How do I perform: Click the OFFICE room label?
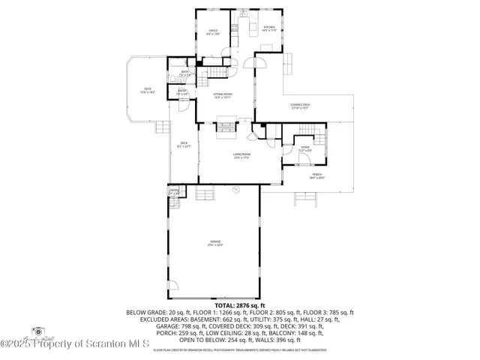tap(213, 32)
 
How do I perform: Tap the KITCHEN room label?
tap(269, 28)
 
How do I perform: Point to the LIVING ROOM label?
tap(241, 156)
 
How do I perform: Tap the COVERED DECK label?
tap(301, 106)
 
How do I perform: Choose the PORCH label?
tap(306, 175)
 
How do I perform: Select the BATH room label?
tap(184, 73)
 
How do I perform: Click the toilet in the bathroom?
tap(172, 78)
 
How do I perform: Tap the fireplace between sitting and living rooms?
tap(226, 128)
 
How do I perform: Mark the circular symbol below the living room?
tap(235, 190)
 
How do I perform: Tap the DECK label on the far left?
tap(148, 89)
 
